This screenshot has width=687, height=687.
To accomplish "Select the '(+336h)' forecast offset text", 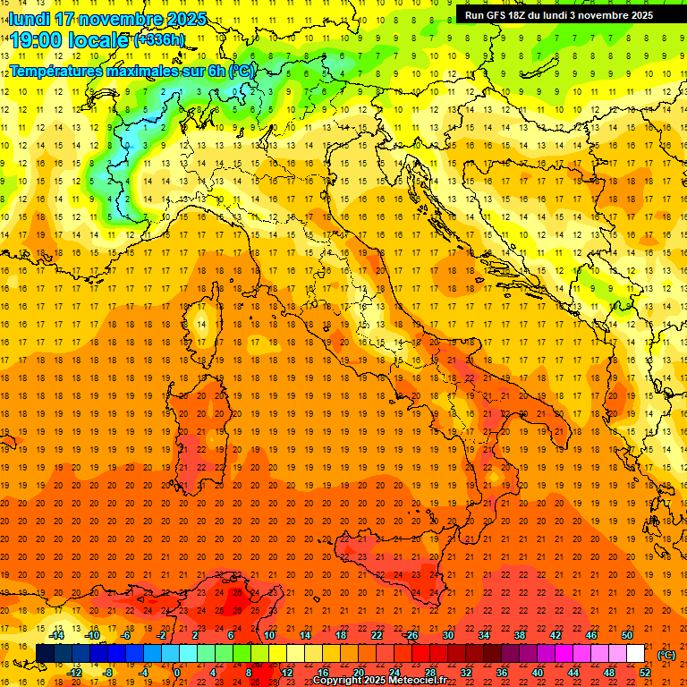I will click(159, 40).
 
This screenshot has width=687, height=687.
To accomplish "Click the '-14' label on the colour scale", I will click(56, 635).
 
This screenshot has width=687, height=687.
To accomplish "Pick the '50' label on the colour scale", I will click(627, 635).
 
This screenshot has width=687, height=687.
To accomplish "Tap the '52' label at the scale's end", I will click(645, 673).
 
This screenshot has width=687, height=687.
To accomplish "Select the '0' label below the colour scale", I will click(177, 673).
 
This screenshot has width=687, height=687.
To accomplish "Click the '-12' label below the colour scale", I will click(75, 673).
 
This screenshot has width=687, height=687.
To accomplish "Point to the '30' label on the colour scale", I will click(447, 635).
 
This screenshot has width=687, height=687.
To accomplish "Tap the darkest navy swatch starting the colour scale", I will click(45, 653).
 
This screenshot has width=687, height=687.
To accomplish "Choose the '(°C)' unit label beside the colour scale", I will click(666, 654).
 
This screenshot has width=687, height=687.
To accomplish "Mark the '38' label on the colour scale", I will click(519, 635).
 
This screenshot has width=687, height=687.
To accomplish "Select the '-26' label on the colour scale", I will click(411, 635).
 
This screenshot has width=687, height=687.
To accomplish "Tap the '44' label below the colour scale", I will click(573, 673).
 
